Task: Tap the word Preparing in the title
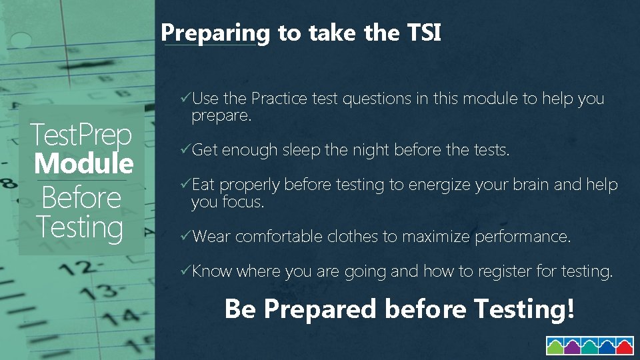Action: [215, 33]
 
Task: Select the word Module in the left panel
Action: [84, 163]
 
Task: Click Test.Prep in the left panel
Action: [82, 135]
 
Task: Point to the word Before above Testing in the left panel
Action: [81, 197]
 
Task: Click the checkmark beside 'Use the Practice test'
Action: [186, 99]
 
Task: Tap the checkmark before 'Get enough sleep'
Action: [186, 150]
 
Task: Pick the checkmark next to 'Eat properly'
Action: [186, 185]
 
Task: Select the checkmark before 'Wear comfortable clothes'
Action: [186, 236]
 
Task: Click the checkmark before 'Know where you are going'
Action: [186, 271]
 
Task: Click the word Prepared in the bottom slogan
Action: [320, 309]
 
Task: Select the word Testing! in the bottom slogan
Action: [523, 309]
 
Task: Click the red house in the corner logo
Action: [625, 347]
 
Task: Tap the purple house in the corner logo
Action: [573, 347]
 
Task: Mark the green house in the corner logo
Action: [555, 347]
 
